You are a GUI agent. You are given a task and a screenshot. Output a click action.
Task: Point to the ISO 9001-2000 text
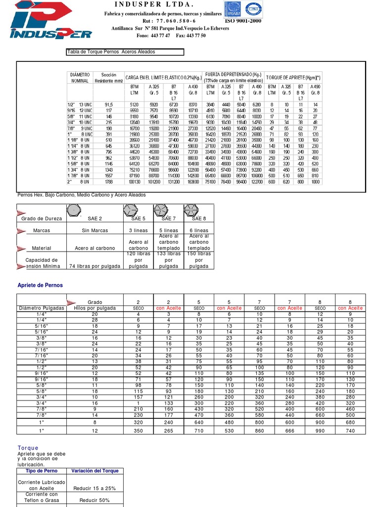coord(243,21)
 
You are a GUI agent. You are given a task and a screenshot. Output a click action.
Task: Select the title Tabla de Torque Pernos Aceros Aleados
coord(111,51)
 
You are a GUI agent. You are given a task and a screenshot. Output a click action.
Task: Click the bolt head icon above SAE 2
coord(74,210)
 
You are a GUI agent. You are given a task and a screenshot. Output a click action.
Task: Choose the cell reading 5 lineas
coord(168,231)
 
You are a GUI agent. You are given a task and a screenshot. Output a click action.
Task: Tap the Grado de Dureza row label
coord(41,218)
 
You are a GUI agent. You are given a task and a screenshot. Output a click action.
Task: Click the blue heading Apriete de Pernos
coord(40,285)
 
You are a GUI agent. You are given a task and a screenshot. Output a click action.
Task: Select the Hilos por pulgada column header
coord(95,308)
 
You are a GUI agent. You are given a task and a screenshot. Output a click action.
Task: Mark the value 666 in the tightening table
coord(289,430)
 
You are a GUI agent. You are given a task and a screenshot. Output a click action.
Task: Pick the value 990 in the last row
coord(320,430)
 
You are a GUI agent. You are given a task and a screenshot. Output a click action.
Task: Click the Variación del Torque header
coord(95,471)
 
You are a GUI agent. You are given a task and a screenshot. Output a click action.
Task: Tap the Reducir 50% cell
coord(95,501)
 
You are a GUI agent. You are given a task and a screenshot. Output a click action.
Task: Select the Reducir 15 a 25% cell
coord(95,488)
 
